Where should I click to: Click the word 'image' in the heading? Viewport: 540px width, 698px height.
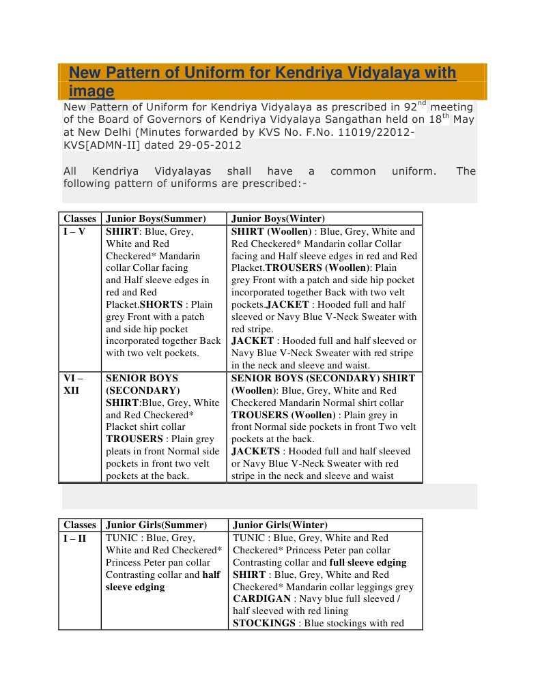click(x=91, y=91)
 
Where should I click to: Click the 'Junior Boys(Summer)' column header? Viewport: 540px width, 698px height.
click(x=156, y=219)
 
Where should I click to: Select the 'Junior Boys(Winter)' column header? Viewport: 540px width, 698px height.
click(x=278, y=219)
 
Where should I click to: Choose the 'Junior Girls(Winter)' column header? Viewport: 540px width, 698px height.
click(x=280, y=525)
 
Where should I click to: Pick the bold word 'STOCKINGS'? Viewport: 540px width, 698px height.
click(x=264, y=624)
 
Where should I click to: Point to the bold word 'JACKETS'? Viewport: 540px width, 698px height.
click(x=255, y=452)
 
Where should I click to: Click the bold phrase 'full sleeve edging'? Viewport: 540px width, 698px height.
click(x=367, y=563)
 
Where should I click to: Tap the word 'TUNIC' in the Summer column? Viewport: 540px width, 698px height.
click(x=122, y=538)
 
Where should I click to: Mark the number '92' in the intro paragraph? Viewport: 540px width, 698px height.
click(x=410, y=107)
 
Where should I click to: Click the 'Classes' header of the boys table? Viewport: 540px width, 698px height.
click(x=80, y=219)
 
